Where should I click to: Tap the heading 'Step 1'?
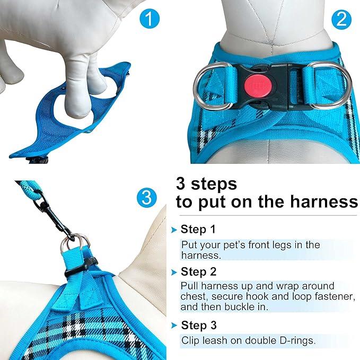pyautogui.click(x=198, y=230)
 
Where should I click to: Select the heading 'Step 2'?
pyautogui.click(x=198, y=272)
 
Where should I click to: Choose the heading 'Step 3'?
pyautogui.click(x=199, y=325)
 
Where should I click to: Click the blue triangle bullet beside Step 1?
pyautogui.click(x=173, y=230)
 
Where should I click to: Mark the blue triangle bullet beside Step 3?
pyautogui.click(x=173, y=326)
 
